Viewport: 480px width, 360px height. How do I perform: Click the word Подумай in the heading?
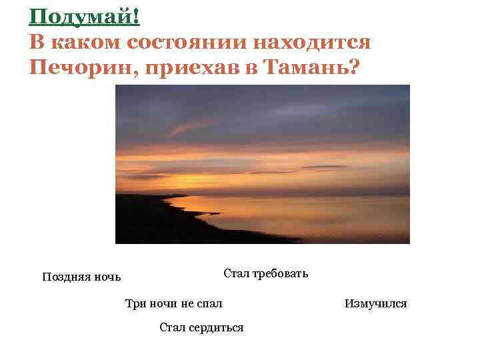[81, 16]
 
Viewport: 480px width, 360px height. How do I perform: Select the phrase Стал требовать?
[265, 273]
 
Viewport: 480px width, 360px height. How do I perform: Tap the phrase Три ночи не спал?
[174, 304]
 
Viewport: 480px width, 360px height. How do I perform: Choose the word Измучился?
[375, 304]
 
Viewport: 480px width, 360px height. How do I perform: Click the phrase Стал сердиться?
[201, 327]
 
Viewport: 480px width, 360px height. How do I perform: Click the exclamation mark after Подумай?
[136, 16]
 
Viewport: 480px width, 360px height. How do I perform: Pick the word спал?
[211, 304]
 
